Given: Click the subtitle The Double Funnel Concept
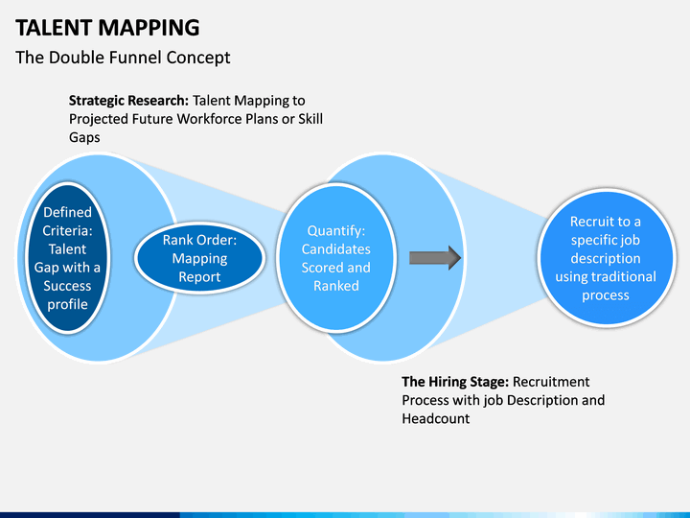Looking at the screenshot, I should click(x=123, y=58).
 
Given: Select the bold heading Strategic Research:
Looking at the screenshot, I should click(x=128, y=100).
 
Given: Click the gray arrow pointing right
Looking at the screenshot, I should click(x=435, y=258).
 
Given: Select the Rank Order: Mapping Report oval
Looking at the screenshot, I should click(x=199, y=258).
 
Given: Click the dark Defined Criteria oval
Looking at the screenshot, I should click(x=67, y=258).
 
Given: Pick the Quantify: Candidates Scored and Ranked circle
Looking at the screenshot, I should click(x=335, y=258).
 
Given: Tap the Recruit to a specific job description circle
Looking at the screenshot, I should click(x=605, y=258).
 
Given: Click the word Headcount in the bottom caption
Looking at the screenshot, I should click(x=436, y=419).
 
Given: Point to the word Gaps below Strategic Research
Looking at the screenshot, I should click(x=84, y=137).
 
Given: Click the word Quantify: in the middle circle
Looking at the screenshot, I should click(x=335, y=230).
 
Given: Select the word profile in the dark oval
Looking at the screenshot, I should click(x=67, y=304).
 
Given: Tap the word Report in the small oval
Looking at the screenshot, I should click(x=199, y=277).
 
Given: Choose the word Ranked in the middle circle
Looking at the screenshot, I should click(x=335, y=286).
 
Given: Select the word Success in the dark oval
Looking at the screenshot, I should click(x=67, y=286).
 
